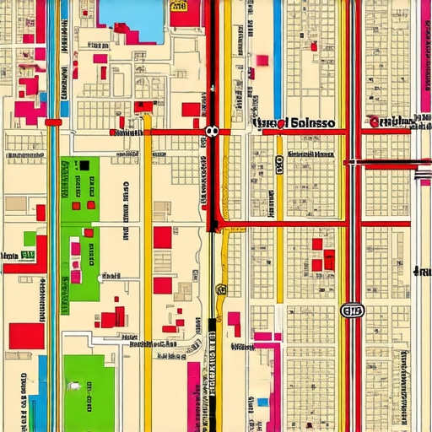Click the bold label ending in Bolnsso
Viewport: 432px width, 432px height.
click(293, 122)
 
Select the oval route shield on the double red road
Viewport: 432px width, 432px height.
click(352, 310)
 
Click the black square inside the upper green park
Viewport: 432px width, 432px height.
click(84, 165)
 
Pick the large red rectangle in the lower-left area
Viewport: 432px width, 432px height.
click(26, 336)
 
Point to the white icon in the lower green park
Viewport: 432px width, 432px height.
click(76, 386)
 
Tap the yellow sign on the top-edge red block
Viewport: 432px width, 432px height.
click(179, 6)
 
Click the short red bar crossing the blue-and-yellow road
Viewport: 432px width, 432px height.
click(54, 122)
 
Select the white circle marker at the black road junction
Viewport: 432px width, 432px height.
click(211, 131)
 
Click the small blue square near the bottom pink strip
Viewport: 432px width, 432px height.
click(262, 402)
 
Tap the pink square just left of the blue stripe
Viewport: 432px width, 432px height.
click(262, 60)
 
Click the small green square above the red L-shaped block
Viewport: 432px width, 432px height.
click(30, 239)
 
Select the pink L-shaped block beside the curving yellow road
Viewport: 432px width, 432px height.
click(233, 321)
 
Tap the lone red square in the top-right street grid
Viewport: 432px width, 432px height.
click(314, 46)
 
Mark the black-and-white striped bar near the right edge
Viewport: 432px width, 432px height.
click(424, 175)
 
